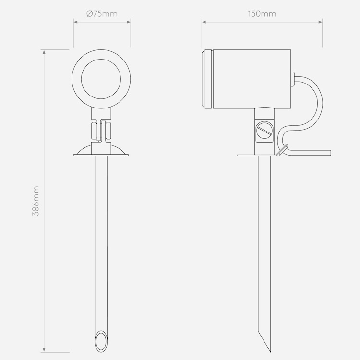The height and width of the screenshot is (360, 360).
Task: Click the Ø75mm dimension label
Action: [102, 14]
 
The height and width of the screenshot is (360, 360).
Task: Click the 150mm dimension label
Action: [262, 14]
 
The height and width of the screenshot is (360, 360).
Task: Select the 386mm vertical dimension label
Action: [36, 201]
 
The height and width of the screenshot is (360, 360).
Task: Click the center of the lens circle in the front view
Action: [101, 79]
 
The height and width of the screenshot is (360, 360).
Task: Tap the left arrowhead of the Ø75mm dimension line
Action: [75, 22]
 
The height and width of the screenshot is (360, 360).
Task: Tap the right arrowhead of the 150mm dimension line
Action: [320, 22]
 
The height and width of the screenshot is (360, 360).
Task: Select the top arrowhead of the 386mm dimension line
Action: [44, 52]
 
